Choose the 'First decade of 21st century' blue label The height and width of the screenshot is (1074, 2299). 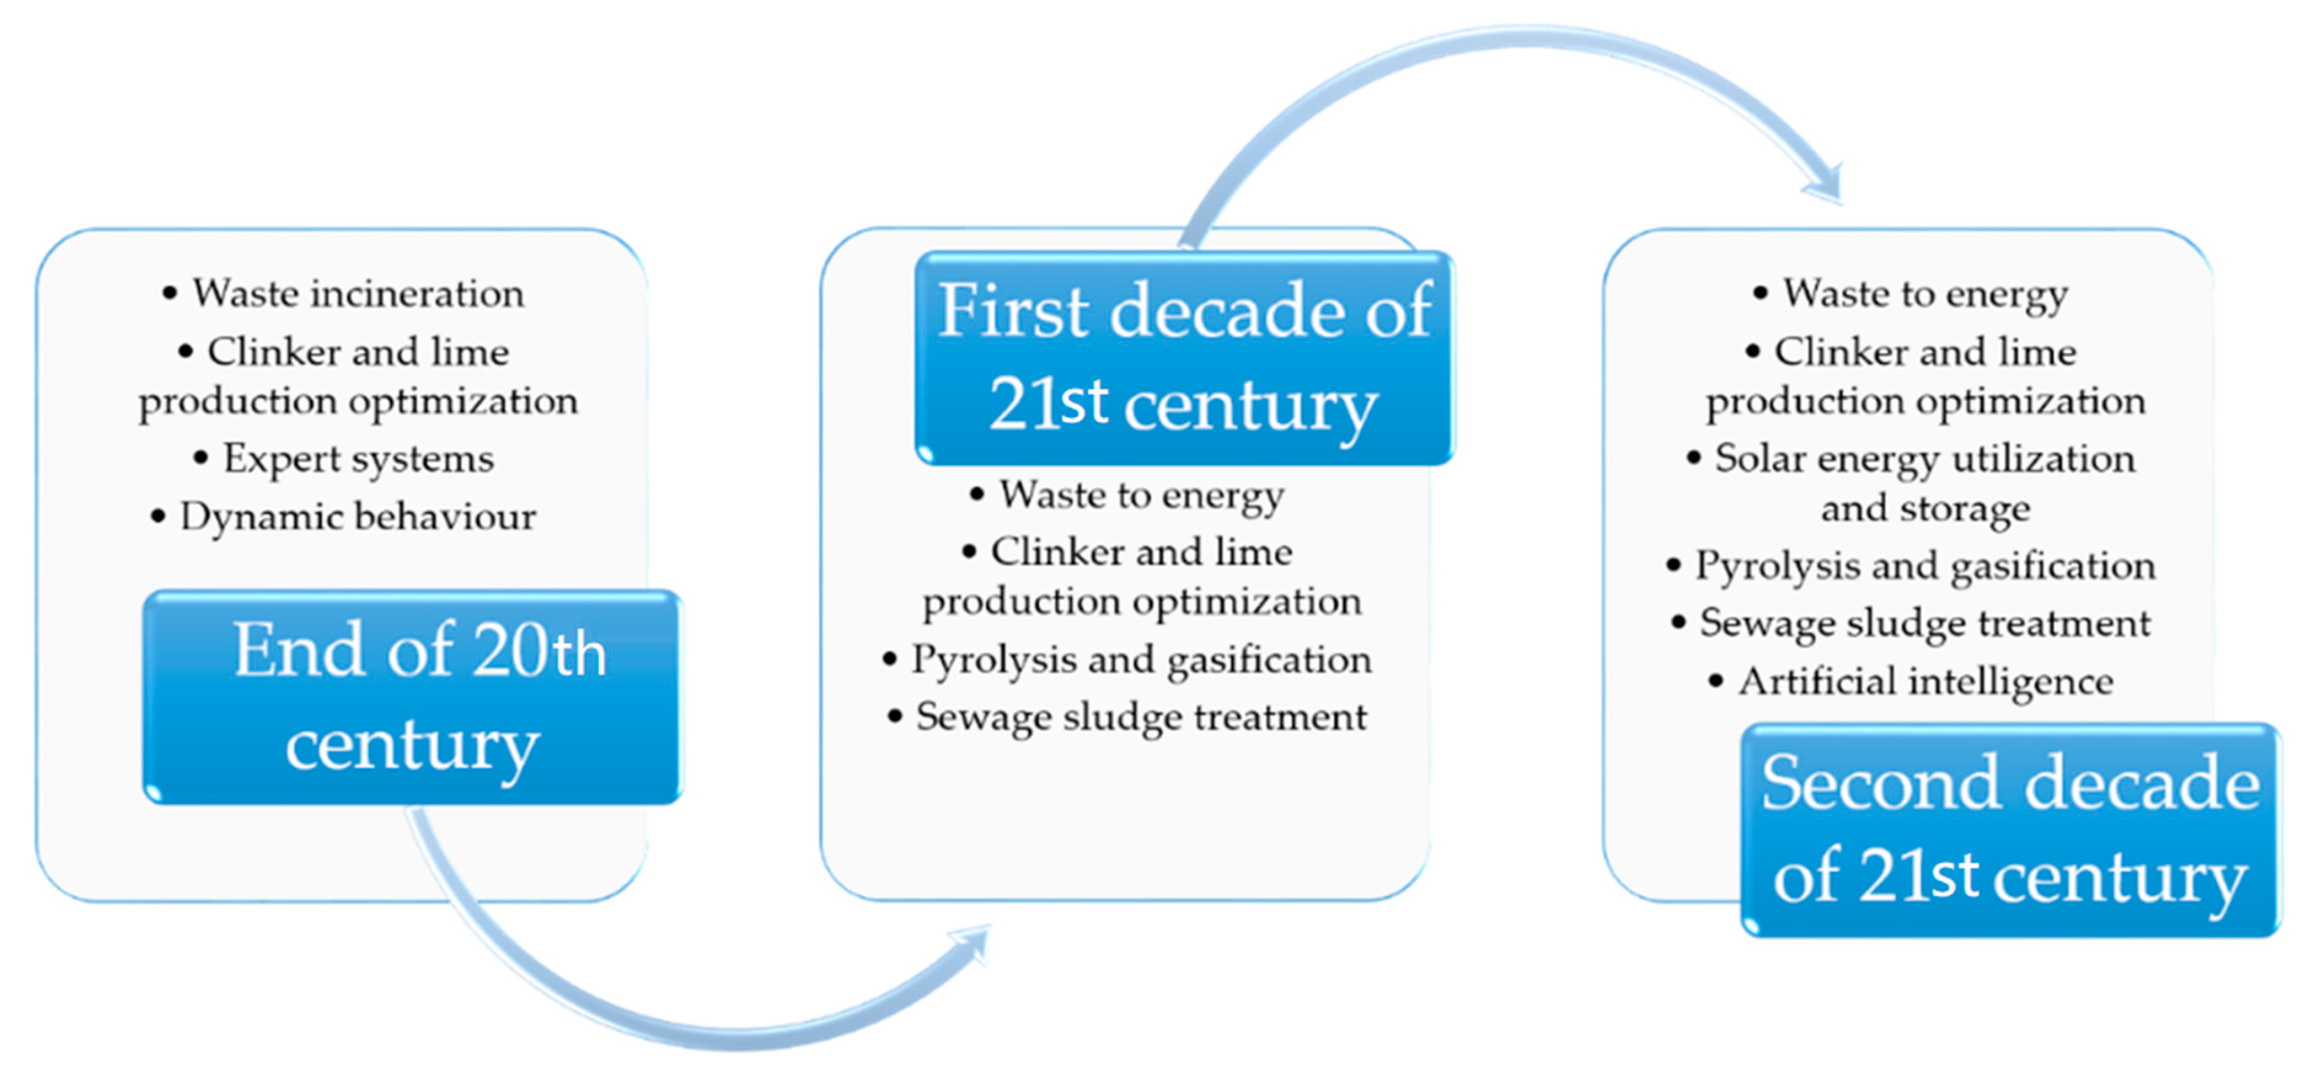1185,357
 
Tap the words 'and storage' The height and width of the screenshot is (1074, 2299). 1925,509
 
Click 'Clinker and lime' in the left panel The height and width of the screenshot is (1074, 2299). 357,352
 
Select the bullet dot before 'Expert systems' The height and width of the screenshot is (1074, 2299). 201,459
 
